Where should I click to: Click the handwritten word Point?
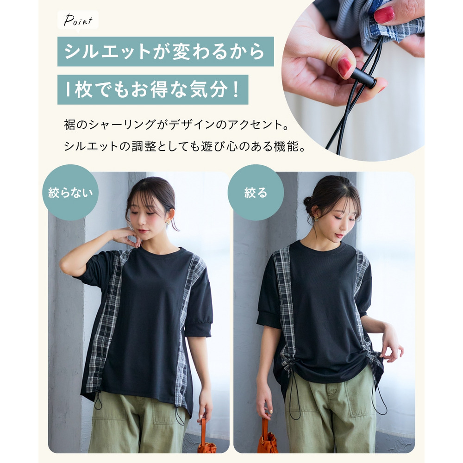click(78, 20)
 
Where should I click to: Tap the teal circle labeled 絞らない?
click(70, 193)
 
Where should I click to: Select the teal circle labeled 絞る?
click(256, 193)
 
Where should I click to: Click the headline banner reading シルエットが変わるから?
click(166, 51)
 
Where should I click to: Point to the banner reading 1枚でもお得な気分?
click(153, 89)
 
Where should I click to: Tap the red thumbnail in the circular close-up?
click(344, 67)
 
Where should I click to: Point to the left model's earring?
click(168, 222)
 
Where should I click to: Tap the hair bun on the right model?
click(308, 203)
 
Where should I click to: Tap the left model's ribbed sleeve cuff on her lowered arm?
click(198, 330)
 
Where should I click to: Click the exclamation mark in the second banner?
click(235, 89)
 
